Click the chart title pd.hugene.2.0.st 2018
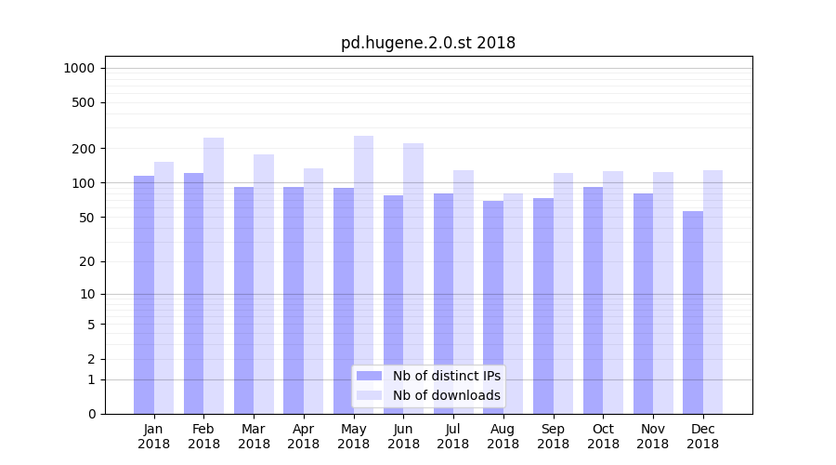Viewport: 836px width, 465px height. point(427,43)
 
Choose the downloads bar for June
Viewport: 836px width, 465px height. point(413,278)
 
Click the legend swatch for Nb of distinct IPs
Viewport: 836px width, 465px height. point(370,376)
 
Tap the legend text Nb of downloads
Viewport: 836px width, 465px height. point(447,395)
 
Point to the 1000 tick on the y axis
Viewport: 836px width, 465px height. point(80,68)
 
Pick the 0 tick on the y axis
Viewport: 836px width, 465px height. point(92,414)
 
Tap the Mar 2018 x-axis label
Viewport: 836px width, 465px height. point(254,436)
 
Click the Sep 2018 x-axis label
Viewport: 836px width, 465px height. point(553,436)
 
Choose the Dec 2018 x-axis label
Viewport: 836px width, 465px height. point(702,436)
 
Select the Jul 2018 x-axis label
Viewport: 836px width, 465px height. point(453,436)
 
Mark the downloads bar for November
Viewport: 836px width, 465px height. point(663,293)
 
